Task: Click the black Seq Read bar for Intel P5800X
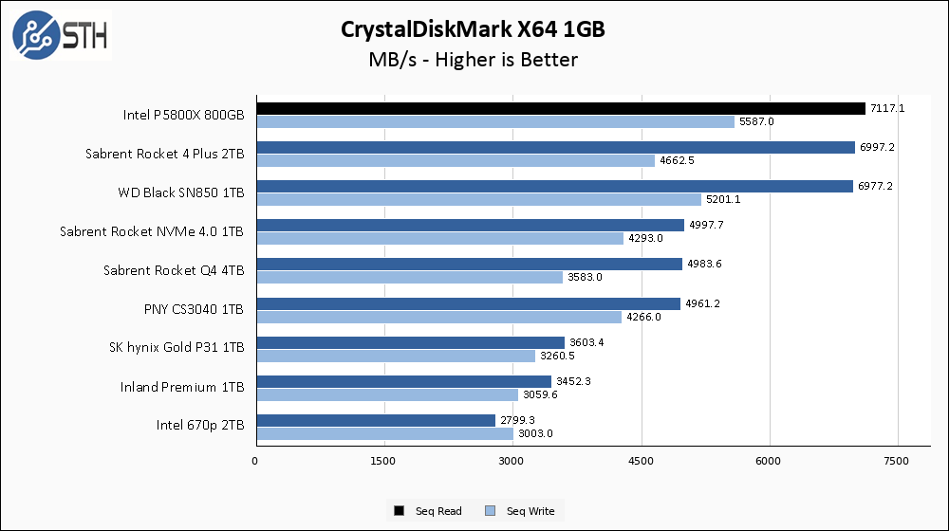coord(560,108)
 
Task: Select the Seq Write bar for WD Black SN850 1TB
coord(478,199)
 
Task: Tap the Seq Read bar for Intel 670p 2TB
coord(375,420)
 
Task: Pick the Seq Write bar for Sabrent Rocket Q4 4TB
coord(409,277)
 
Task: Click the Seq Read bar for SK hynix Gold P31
coord(409,342)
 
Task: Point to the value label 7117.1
coord(887,108)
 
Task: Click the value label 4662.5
coord(677,160)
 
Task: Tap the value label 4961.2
coord(703,303)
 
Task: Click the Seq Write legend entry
coord(521,511)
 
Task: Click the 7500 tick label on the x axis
coord(898,461)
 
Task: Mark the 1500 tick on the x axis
coord(383,461)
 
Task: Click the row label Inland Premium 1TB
coord(182,387)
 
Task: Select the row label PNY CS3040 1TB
coord(192,309)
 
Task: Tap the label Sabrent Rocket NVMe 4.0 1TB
coord(152,231)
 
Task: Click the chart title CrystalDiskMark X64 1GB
coord(473,29)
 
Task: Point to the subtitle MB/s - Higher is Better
coord(473,60)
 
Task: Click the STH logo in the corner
coord(60,34)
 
